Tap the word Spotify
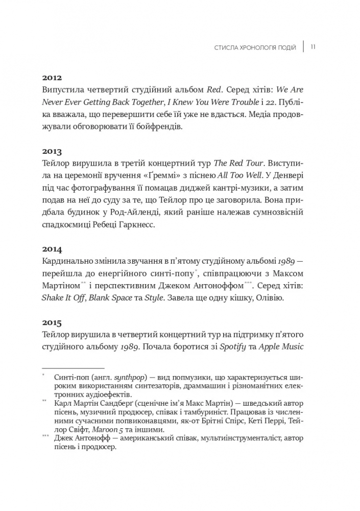[233, 346]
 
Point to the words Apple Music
[281, 346]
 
